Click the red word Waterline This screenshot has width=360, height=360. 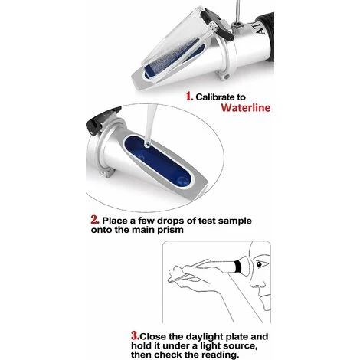[x=246, y=107]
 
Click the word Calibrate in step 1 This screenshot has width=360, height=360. [x=215, y=97]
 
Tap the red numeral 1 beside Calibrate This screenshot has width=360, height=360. [x=189, y=97]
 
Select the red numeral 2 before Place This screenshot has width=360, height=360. [x=95, y=220]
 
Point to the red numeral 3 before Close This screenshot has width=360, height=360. [x=136, y=336]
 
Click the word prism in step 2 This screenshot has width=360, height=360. [x=170, y=231]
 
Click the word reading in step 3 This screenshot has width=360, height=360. [x=221, y=355]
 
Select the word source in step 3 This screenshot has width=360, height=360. [x=240, y=346]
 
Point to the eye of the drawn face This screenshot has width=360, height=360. [x=260, y=265]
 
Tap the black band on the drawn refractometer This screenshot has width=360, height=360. [x=238, y=267]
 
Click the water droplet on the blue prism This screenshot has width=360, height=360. [x=147, y=145]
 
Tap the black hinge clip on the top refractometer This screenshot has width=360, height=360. [x=218, y=25]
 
